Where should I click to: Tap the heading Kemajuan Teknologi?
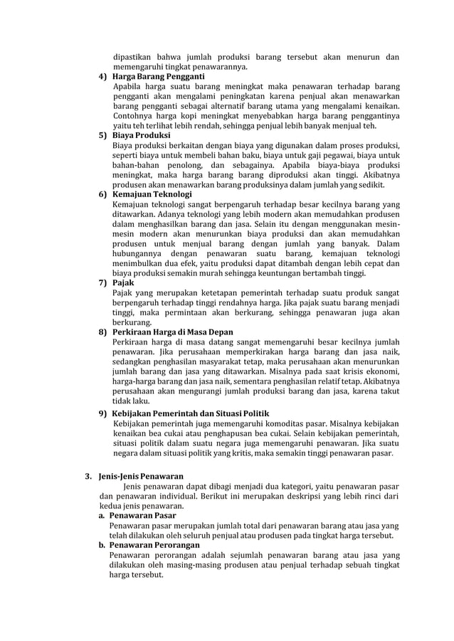click(x=152, y=194)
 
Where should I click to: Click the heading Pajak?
click(x=123, y=282)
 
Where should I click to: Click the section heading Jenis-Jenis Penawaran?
click(x=142, y=475)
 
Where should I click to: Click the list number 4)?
click(x=102, y=77)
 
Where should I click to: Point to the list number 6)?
click(x=102, y=194)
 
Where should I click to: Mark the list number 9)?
click(x=102, y=413)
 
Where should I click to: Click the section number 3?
click(x=88, y=475)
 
